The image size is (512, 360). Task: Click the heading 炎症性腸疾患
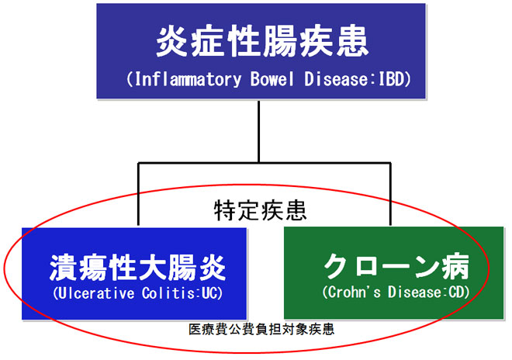click(262, 42)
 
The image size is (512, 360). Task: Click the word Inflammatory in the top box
click(188, 79)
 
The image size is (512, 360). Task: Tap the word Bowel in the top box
click(272, 79)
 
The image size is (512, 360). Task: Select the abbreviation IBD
click(392, 79)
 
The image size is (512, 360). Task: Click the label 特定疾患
click(260, 210)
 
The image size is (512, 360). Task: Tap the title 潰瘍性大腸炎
click(137, 268)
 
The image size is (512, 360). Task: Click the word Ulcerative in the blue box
click(96, 293)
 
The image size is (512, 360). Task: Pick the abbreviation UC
click(209, 293)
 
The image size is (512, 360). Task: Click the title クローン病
click(396, 266)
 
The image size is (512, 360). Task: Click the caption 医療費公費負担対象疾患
click(261, 329)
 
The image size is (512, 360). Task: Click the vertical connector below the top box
click(258, 131)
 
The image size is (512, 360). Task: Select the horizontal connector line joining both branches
click(265, 163)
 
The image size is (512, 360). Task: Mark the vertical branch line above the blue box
click(138, 194)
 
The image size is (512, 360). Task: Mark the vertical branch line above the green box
click(390, 194)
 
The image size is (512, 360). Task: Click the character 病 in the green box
click(456, 266)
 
